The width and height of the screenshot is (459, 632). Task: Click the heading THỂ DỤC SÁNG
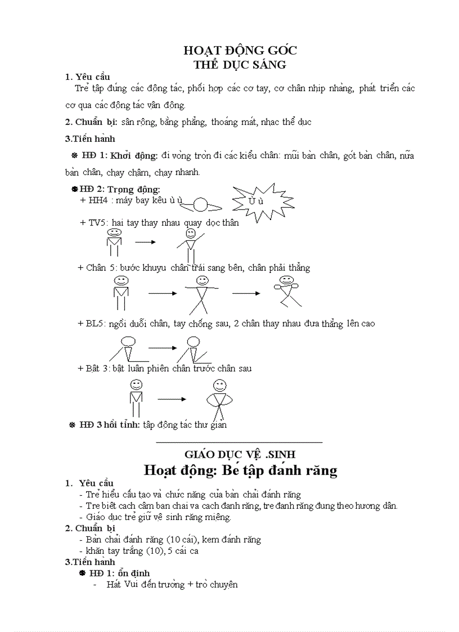(x=240, y=65)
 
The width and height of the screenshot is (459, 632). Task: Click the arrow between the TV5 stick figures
(x=145, y=242)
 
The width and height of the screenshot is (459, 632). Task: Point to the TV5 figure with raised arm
(x=190, y=244)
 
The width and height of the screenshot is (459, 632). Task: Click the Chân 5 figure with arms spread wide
(x=201, y=294)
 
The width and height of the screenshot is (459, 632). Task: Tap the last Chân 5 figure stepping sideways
(x=287, y=291)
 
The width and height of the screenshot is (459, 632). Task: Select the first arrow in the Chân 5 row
(x=163, y=293)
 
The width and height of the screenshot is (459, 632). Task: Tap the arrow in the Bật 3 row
(x=172, y=399)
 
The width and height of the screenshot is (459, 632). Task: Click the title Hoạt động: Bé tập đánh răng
(x=240, y=470)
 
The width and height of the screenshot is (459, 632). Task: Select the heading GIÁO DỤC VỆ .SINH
(x=240, y=454)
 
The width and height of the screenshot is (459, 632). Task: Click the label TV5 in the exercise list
(x=97, y=222)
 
